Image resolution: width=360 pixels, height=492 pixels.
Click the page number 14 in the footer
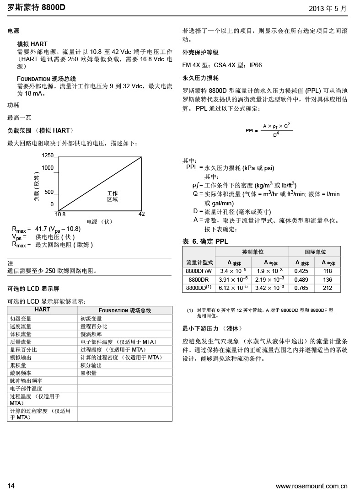click(x=11, y=486)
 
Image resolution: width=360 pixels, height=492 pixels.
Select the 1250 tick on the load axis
click(x=48, y=155)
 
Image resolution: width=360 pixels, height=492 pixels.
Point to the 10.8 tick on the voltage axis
click(x=60, y=214)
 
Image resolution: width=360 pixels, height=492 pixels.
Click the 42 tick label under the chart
click(x=141, y=214)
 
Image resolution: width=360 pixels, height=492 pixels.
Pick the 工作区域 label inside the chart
click(x=113, y=196)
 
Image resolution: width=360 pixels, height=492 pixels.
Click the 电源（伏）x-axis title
click(x=99, y=222)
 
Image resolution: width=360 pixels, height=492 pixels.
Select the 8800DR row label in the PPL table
click(x=199, y=279)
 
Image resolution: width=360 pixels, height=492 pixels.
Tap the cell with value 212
click(x=328, y=288)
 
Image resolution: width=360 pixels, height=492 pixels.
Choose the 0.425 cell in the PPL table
click(x=301, y=271)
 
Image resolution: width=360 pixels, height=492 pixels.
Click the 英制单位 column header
click(x=253, y=252)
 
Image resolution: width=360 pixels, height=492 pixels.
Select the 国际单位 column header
click(x=315, y=252)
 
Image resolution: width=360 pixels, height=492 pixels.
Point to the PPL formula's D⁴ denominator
click(x=276, y=134)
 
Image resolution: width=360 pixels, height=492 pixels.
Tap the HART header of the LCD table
click(x=43, y=310)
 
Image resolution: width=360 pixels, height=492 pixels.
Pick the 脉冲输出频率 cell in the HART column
click(x=26, y=381)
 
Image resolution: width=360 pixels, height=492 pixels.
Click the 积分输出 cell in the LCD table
click(x=91, y=365)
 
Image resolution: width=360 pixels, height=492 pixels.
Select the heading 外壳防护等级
click(x=200, y=53)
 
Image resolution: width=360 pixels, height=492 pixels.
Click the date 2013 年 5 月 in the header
click(x=328, y=8)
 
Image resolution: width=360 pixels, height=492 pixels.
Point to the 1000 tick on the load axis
click(x=48, y=168)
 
